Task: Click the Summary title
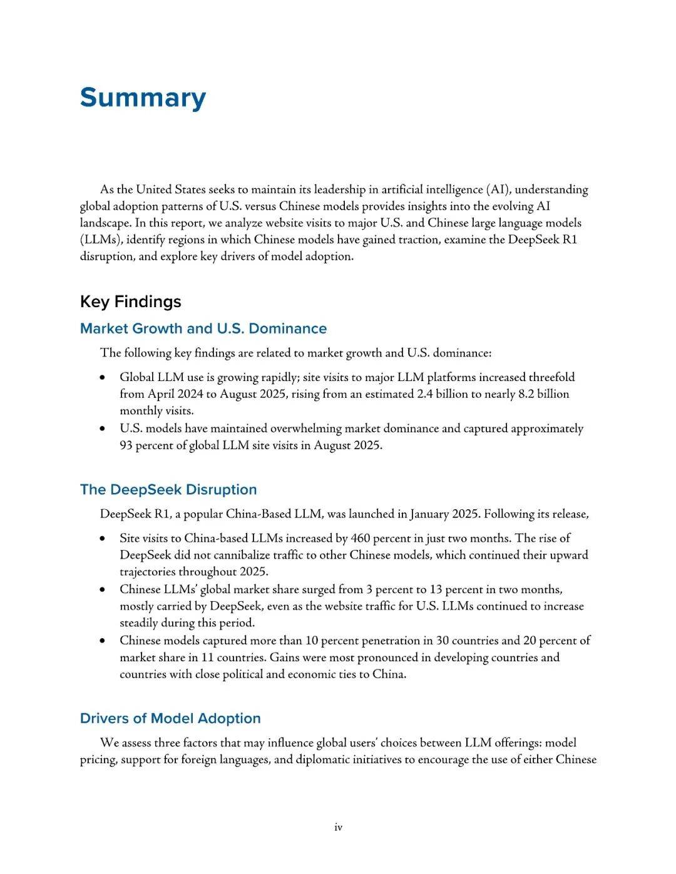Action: pyautogui.click(x=143, y=98)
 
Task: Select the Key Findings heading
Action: pyautogui.click(x=130, y=302)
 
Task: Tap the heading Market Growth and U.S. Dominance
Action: pyautogui.click(x=203, y=328)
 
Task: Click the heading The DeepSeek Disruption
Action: pyautogui.click(x=168, y=489)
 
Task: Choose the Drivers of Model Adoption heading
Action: pyautogui.click(x=170, y=718)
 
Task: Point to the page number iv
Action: pyautogui.click(x=338, y=828)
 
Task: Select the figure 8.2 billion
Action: pyautogui.click(x=543, y=394)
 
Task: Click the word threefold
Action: pyautogui.click(x=551, y=377)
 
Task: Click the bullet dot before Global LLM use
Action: pyautogui.click(x=102, y=378)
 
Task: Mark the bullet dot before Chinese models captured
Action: pyautogui.click(x=102, y=641)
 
